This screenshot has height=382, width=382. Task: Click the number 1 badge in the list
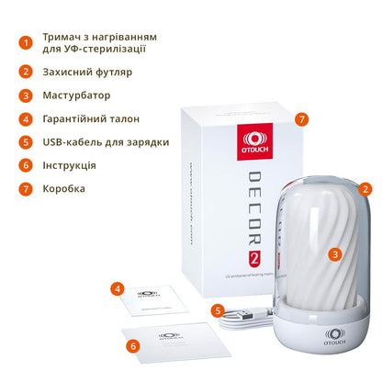tap(26, 41)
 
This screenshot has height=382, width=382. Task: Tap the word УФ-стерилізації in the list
tap(111, 49)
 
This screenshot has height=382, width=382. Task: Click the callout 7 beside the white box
tap(301, 119)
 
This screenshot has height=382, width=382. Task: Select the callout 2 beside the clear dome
tap(365, 188)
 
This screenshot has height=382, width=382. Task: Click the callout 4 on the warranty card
tap(118, 288)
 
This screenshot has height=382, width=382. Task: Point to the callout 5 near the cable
tap(218, 309)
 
